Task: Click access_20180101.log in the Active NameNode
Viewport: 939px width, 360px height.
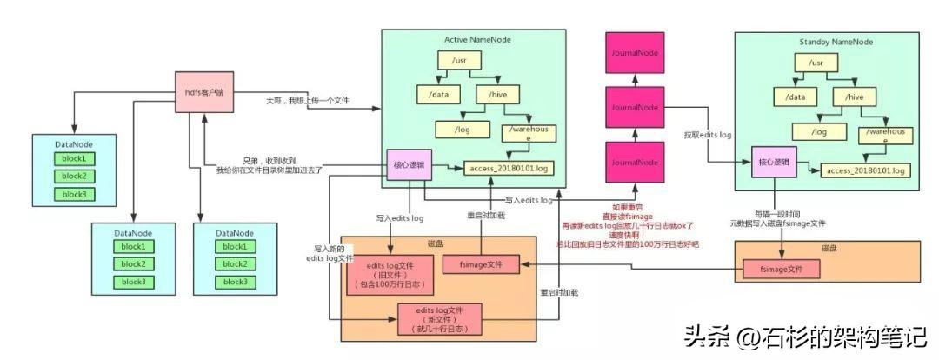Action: [x=509, y=167]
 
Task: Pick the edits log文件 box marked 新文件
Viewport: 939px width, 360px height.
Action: [x=439, y=319]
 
